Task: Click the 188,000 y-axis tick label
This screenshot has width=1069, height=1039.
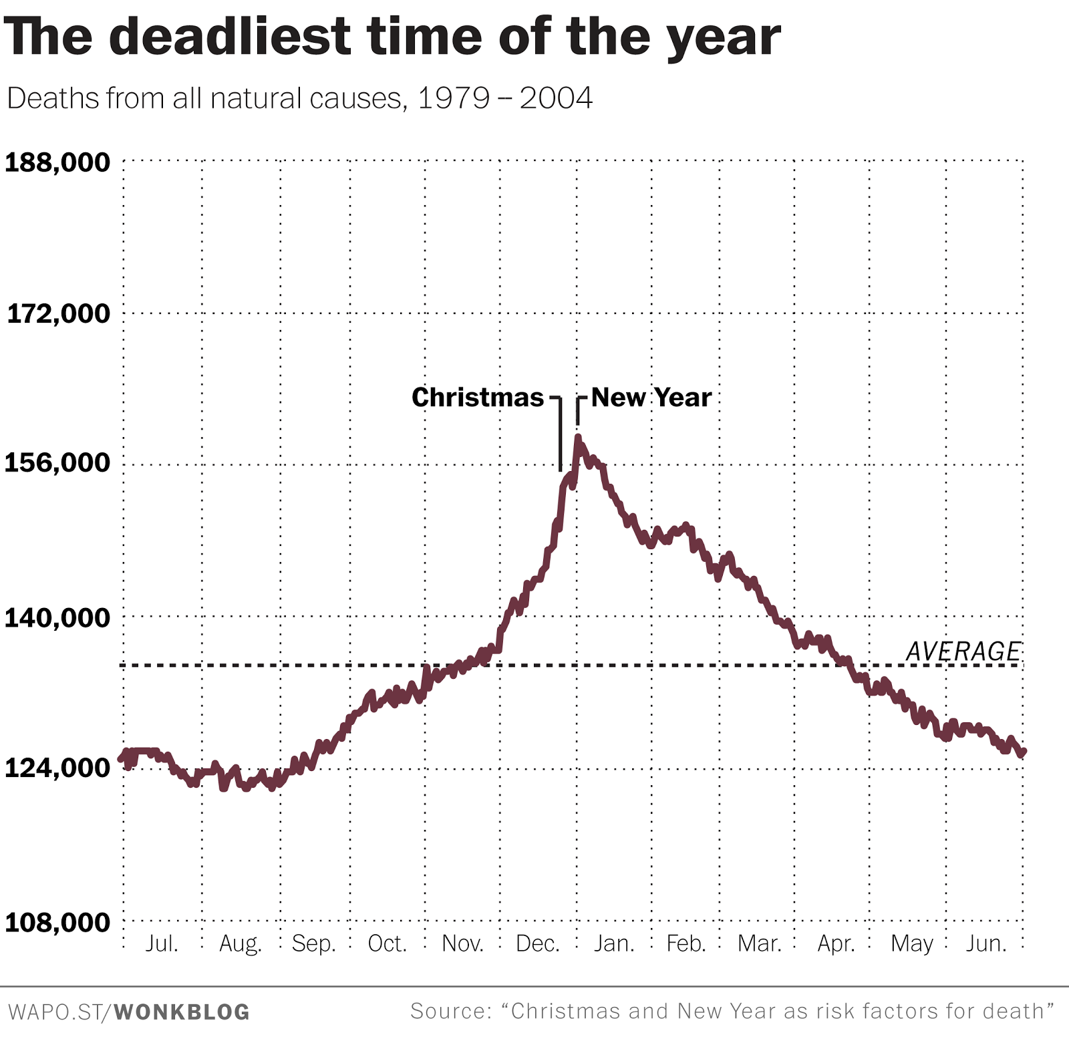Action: point(57,162)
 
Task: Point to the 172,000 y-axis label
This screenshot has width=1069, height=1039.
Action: point(58,313)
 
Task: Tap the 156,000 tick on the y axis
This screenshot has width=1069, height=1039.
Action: point(57,462)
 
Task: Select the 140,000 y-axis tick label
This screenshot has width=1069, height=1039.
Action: point(57,618)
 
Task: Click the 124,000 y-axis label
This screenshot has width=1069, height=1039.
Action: point(57,768)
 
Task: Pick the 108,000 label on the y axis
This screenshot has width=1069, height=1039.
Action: point(57,923)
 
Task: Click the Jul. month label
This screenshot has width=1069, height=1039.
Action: point(162,943)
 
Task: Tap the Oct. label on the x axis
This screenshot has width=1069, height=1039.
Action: point(387,943)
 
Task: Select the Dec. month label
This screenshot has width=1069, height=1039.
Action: point(537,943)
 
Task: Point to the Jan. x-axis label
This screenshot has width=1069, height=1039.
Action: point(614,943)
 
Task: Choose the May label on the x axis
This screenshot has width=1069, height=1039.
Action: point(912,943)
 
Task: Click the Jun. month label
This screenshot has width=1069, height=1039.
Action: point(986,943)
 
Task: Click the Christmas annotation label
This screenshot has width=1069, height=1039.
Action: point(478,398)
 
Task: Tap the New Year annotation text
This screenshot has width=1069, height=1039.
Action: point(651,398)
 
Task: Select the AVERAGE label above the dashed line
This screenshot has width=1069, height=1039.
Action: point(963,651)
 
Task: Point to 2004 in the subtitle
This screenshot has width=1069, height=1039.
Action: point(556,99)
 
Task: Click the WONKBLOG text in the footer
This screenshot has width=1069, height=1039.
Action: point(182,1012)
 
